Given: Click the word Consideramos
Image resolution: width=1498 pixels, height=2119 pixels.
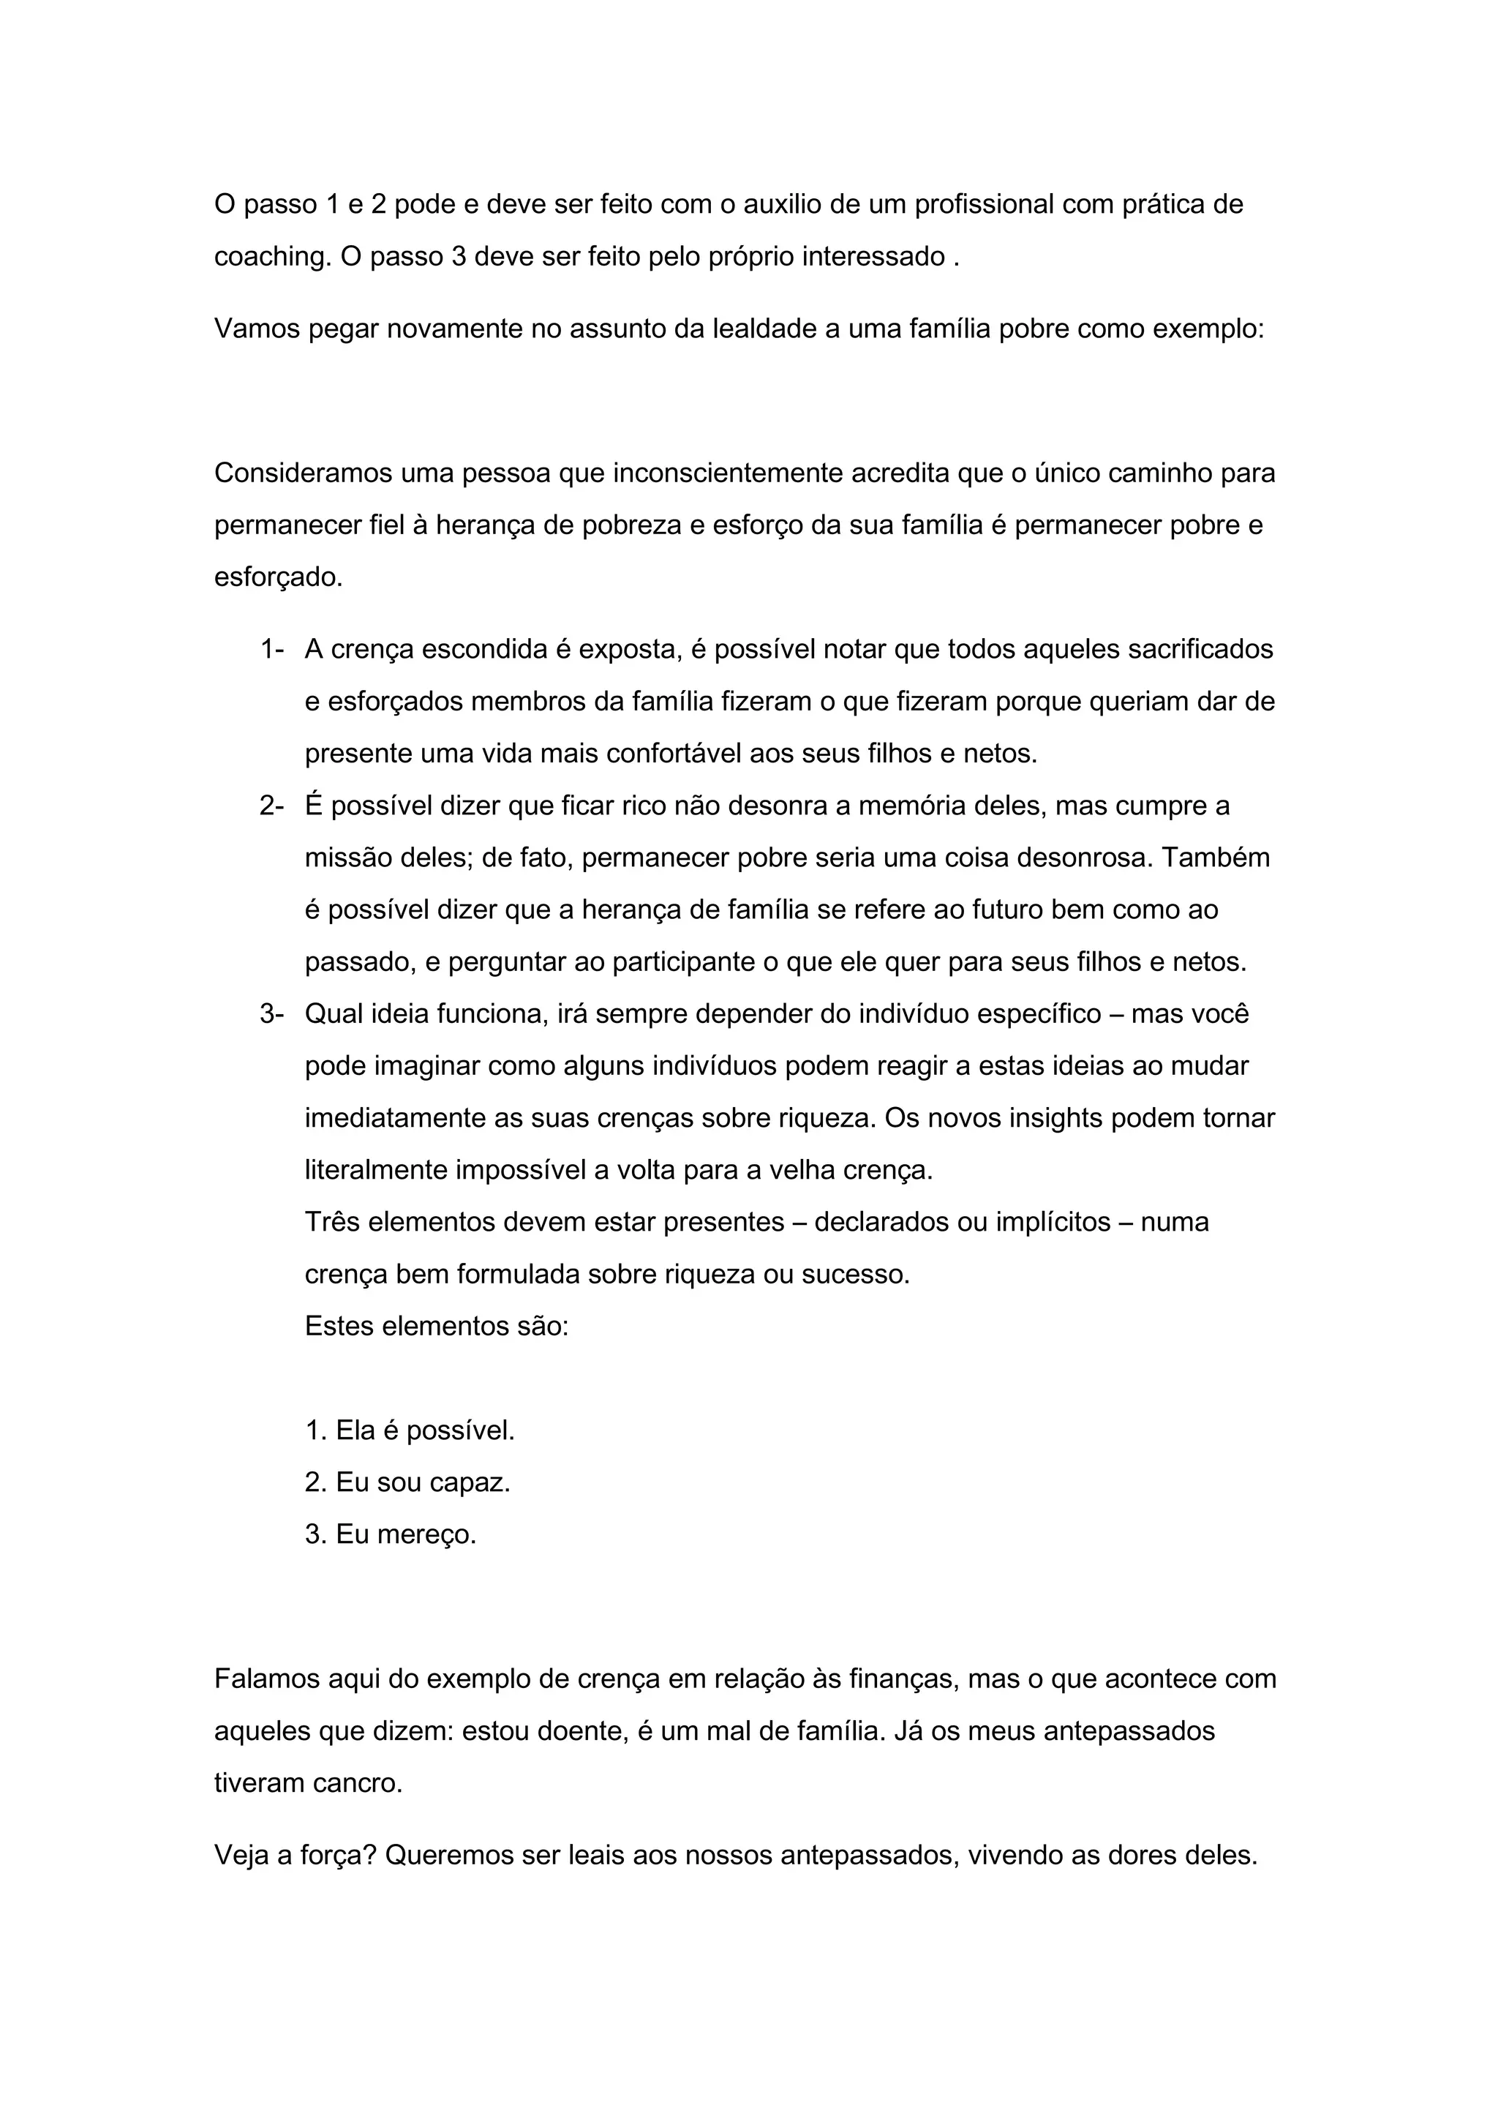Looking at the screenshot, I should click(x=301, y=473).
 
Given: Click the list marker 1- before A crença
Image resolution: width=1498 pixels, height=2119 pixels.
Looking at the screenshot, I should click(x=271, y=650).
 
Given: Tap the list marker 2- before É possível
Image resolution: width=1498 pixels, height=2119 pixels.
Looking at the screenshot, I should click(x=271, y=806).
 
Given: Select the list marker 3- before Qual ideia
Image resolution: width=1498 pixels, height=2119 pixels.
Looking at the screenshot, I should click(x=271, y=1013).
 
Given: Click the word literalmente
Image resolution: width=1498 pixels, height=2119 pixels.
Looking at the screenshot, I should click(x=377, y=1170).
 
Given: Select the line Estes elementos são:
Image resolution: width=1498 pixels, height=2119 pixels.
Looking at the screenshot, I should click(x=436, y=1327).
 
